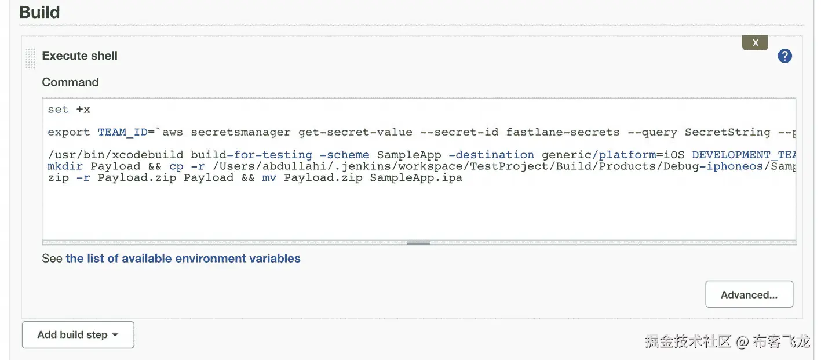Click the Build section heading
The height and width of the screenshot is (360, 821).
39,12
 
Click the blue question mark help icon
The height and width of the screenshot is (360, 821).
784,56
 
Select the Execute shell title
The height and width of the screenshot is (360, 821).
80,56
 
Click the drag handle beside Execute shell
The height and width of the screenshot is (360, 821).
30,59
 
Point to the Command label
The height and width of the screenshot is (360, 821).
70,82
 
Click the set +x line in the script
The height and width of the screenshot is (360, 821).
69,110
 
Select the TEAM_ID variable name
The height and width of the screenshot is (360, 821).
122,132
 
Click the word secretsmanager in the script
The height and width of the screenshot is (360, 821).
240,132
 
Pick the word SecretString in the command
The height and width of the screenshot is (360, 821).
727,132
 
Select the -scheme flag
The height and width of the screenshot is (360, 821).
345,155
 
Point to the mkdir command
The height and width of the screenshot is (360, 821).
65,166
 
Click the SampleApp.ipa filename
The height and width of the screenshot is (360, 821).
416,178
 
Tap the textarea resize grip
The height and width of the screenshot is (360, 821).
418,243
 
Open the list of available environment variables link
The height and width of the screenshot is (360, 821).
183,259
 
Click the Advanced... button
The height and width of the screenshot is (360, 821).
749,294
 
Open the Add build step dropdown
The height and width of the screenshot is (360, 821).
78,335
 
